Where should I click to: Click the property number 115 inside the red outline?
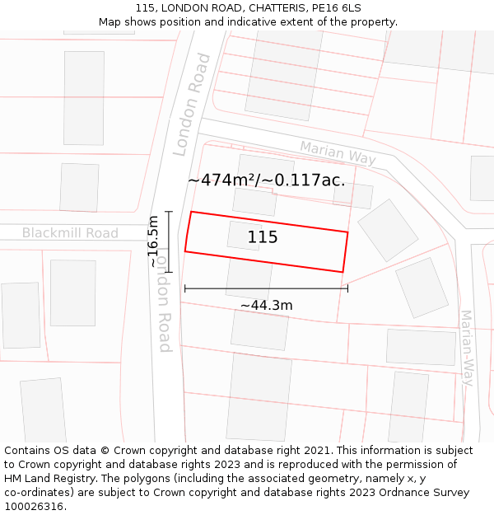tap(263, 238)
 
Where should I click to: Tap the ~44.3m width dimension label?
tap(266, 306)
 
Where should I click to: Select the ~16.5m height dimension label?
tap(154, 241)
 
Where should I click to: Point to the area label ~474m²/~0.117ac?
tap(266, 180)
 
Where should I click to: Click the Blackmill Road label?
tap(70, 233)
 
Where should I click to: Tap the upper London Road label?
tap(192, 105)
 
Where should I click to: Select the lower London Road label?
tap(164, 301)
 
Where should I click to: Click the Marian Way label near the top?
tap(338, 152)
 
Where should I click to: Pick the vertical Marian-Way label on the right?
tap(467, 348)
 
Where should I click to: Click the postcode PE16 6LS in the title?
tap(337, 8)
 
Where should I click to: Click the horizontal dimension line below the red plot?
tap(266, 288)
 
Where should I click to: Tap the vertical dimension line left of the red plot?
tap(169, 241)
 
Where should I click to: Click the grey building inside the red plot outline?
tap(245, 236)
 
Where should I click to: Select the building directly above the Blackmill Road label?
tap(79, 187)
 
